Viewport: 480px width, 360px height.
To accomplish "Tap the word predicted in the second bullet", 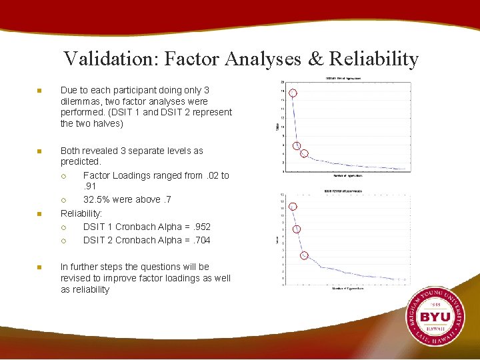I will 81,162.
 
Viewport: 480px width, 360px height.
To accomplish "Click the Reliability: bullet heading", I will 81,213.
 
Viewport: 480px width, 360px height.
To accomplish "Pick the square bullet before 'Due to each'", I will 39,91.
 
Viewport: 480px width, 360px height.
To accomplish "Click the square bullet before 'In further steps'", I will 39,267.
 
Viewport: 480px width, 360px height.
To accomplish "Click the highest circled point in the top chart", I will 292,93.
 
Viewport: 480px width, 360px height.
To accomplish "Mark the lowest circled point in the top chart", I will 304,154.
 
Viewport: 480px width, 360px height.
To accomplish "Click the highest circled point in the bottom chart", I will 292,207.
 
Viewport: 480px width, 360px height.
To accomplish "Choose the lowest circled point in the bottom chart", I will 303,255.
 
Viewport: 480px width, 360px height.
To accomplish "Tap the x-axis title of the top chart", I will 349,176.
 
